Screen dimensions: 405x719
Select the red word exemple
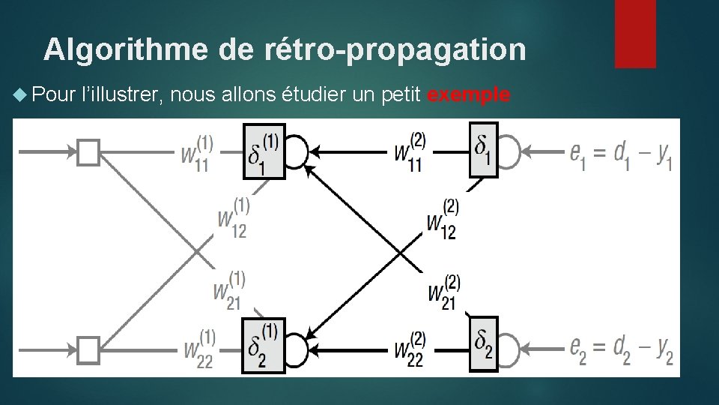(470, 95)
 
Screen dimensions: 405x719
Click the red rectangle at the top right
(635, 34)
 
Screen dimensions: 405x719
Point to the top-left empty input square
(88, 152)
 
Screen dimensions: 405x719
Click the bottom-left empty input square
(88, 349)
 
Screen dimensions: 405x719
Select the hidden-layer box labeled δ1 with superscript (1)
(264, 152)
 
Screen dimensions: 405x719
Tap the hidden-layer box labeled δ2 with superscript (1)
(263, 344)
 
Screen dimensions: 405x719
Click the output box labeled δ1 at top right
(483, 150)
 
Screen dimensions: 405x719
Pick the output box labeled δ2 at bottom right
(483, 343)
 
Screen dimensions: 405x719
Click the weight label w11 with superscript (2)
(410, 153)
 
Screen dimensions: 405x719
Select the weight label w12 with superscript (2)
(443, 220)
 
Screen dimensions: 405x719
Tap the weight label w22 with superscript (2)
(410, 349)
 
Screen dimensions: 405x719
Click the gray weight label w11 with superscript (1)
(197, 153)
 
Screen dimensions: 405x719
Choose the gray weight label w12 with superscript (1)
(233, 218)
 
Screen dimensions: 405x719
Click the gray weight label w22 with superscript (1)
(198, 349)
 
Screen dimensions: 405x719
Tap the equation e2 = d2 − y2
(621, 349)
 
